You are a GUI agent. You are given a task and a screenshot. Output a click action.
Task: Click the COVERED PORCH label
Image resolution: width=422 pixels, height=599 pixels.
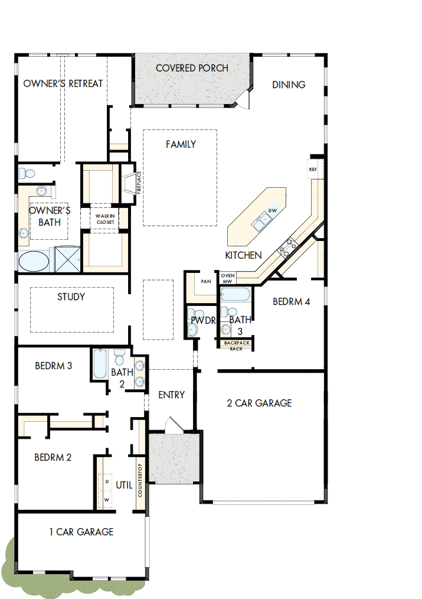(192, 69)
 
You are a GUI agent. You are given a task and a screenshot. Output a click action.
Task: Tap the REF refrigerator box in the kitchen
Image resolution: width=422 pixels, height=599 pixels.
(313, 170)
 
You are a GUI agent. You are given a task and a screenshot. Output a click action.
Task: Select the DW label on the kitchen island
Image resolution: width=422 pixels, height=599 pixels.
(272, 211)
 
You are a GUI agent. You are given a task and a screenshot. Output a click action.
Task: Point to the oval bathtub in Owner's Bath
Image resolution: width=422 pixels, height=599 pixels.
(35, 261)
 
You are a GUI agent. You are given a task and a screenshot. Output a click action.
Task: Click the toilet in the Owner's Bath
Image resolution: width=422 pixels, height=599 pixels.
(26, 174)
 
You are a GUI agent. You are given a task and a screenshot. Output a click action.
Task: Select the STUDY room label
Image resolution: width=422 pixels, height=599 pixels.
(71, 297)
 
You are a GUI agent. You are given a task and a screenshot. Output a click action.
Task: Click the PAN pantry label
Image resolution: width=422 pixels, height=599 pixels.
(205, 282)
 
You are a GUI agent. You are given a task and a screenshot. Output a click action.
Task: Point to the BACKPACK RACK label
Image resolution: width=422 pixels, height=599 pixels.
(236, 346)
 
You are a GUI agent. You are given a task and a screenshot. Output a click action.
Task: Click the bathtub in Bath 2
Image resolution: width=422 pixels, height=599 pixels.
(100, 364)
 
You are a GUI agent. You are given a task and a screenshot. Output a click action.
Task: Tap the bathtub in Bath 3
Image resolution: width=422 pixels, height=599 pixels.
(235, 294)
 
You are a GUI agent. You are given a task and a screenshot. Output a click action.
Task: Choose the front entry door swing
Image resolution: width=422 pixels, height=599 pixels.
(172, 425)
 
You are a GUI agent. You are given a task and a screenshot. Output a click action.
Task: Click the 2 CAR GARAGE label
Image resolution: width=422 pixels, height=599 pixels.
(259, 403)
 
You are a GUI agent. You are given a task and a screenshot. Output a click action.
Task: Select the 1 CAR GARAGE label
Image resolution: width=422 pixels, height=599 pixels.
(81, 532)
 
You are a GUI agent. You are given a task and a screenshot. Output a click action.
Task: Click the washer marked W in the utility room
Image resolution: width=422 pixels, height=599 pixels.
(107, 500)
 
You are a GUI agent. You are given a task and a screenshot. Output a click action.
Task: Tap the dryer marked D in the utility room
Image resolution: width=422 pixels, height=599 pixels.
(107, 482)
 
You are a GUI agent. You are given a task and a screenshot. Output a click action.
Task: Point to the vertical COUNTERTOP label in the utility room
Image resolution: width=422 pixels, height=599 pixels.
(140, 480)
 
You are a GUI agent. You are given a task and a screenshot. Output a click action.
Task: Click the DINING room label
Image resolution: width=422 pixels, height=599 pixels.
(289, 84)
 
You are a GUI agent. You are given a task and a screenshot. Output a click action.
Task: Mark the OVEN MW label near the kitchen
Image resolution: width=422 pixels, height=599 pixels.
(227, 278)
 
